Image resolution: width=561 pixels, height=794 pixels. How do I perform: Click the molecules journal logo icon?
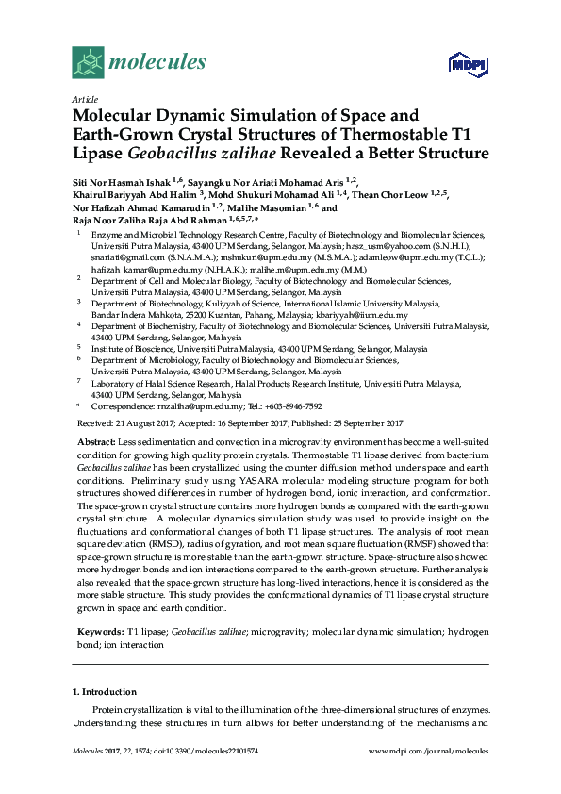pos(88,62)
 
